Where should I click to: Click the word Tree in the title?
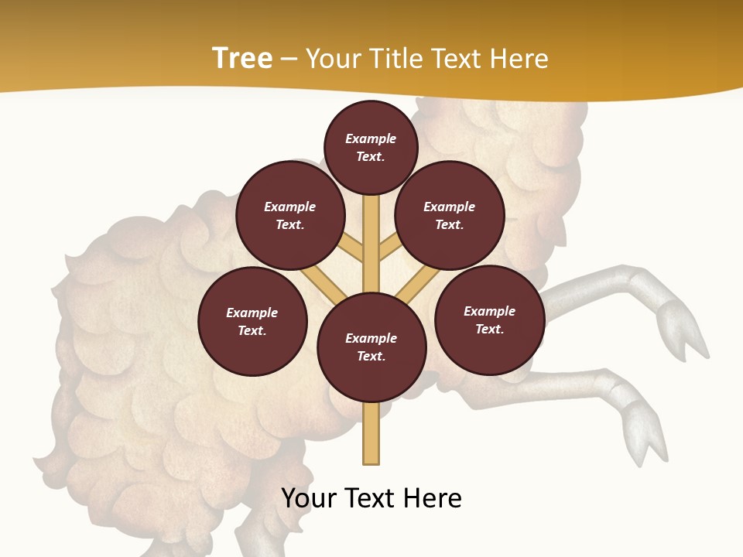(242, 59)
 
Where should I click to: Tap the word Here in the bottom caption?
(430, 498)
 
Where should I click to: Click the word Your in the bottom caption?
(308, 498)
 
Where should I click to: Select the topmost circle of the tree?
(371, 147)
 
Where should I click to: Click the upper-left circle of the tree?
(289, 215)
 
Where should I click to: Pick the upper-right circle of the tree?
(450, 215)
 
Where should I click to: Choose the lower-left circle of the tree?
(252, 321)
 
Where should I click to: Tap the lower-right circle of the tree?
(490, 320)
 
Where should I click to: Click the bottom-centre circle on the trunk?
(371, 347)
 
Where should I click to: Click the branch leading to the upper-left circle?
(352, 249)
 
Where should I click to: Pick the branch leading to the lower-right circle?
(417, 285)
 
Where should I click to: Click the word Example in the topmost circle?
(371, 138)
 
